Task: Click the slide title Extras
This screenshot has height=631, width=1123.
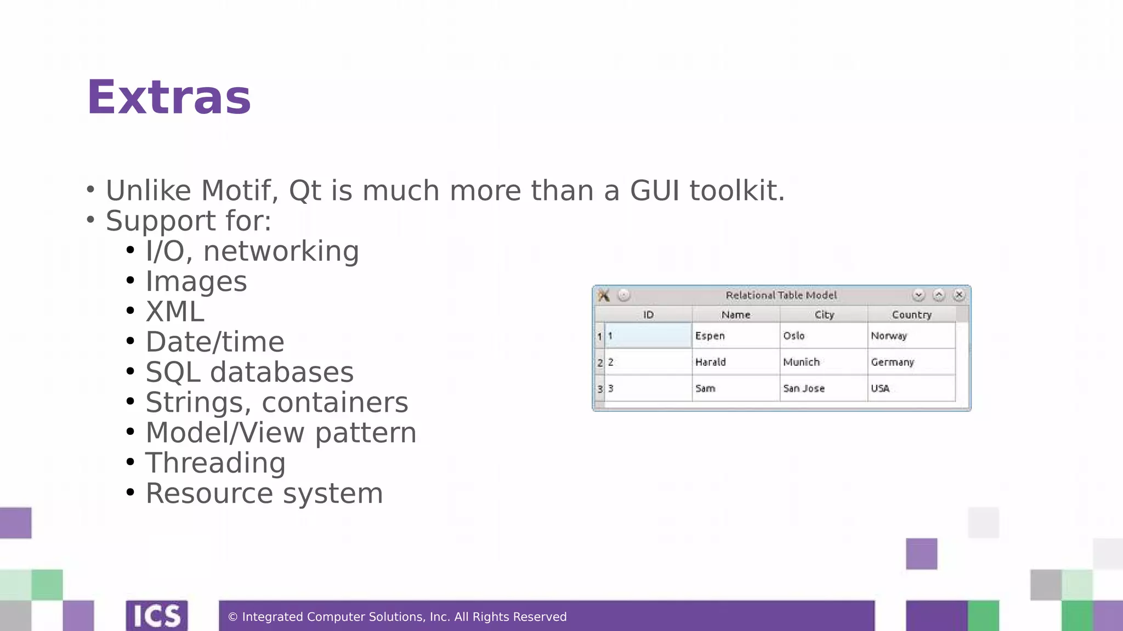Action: [169, 97]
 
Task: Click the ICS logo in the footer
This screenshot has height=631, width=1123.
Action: [157, 616]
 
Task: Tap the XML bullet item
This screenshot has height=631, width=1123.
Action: [174, 312]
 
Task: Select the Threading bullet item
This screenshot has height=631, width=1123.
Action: [215, 463]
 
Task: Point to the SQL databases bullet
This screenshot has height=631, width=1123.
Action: [249, 372]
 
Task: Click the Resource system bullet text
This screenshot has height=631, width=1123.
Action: [264, 494]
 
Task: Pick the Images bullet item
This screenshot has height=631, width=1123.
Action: [196, 282]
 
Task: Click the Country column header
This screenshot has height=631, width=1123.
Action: [911, 315]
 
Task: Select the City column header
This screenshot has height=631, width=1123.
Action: [824, 315]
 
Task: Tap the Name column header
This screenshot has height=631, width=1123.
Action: [735, 315]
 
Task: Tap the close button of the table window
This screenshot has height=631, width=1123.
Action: [958, 295]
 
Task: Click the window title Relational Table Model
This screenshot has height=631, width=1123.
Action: [781, 295]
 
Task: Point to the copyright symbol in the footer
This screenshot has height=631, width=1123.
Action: [232, 617]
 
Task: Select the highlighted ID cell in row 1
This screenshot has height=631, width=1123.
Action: [648, 336]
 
